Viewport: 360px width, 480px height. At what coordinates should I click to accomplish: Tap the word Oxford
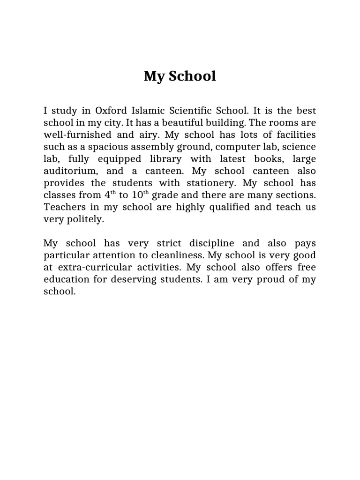point(112,112)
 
